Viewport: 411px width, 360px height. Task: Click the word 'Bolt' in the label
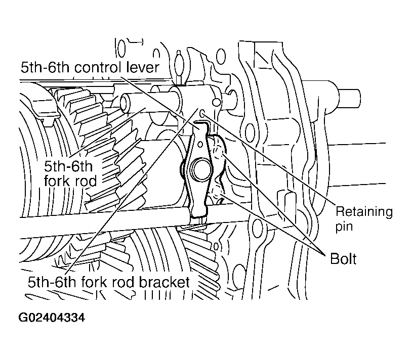click(x=343, y=259)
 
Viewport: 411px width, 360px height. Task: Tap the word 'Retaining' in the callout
click(x=364, y=211)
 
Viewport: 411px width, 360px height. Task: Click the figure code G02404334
click(x=52, y=318)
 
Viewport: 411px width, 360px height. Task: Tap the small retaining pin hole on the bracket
click(x=202, y=113)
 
